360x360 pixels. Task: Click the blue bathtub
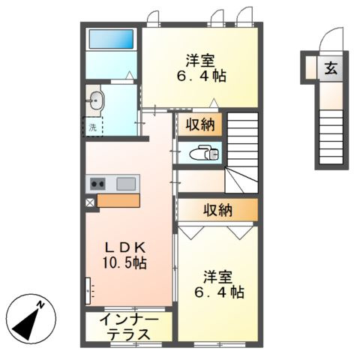click(x=111, y=39)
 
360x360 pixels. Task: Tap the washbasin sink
click(x=97, y=100)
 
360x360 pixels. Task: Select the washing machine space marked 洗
click(x=93, y=127)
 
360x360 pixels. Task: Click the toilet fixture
click(x=204, y=153)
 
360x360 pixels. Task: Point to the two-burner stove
click(x=97, y=184)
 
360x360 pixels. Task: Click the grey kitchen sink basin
click(x=126, y=184)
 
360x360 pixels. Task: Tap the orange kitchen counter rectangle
click(x=118, y=200)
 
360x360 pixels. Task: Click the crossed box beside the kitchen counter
click(x=90, y=202)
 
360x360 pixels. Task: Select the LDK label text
click(x=125, y=248)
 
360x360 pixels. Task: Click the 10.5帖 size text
click(x=124, y=263)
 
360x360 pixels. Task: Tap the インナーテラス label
click(x=129, y=327)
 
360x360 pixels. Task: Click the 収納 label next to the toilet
click(x=200, y=124)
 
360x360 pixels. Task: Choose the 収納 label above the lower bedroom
click(x=217, y=210)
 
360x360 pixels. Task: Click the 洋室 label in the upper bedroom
click(x=200, y=61)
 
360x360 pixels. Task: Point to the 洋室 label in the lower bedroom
click(x=217, y=277)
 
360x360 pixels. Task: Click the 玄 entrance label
click(x=331, y=68)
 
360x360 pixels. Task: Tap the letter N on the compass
click(x=40, y=304)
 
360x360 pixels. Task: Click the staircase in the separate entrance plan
click(x=331, y=137)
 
